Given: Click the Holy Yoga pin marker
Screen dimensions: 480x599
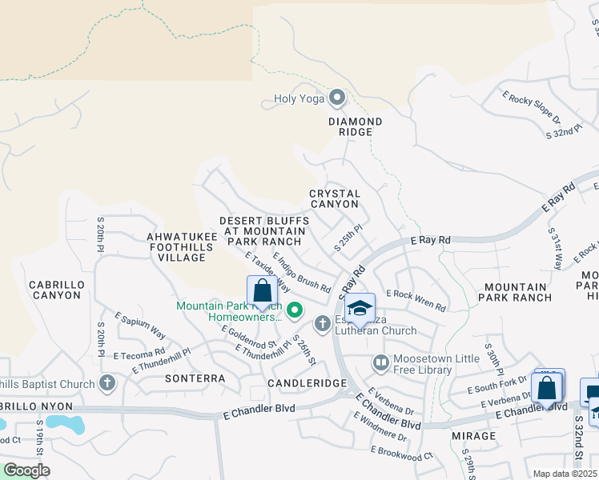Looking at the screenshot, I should pos(337,99).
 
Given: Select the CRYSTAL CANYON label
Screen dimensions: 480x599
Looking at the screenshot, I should pos(335,199).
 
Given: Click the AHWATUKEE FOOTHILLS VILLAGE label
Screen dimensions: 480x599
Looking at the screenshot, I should pos(177,247).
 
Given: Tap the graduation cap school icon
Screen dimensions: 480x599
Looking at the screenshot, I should pos(360,308).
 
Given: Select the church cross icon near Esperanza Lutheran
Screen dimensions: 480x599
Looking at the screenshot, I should pos(322,324).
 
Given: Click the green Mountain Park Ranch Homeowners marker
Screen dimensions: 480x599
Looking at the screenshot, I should pos(294,310).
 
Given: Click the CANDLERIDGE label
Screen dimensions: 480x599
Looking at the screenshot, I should pos(306,384).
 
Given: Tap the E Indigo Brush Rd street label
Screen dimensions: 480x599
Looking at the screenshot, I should pos(302,273).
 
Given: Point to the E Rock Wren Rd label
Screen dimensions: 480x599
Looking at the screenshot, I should pos(415,300).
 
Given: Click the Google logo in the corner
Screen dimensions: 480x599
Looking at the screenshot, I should pos(26,470).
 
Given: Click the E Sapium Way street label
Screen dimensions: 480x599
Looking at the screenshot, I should pos(139,327).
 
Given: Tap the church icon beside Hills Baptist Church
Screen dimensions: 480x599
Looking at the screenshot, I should pos(107,383).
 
